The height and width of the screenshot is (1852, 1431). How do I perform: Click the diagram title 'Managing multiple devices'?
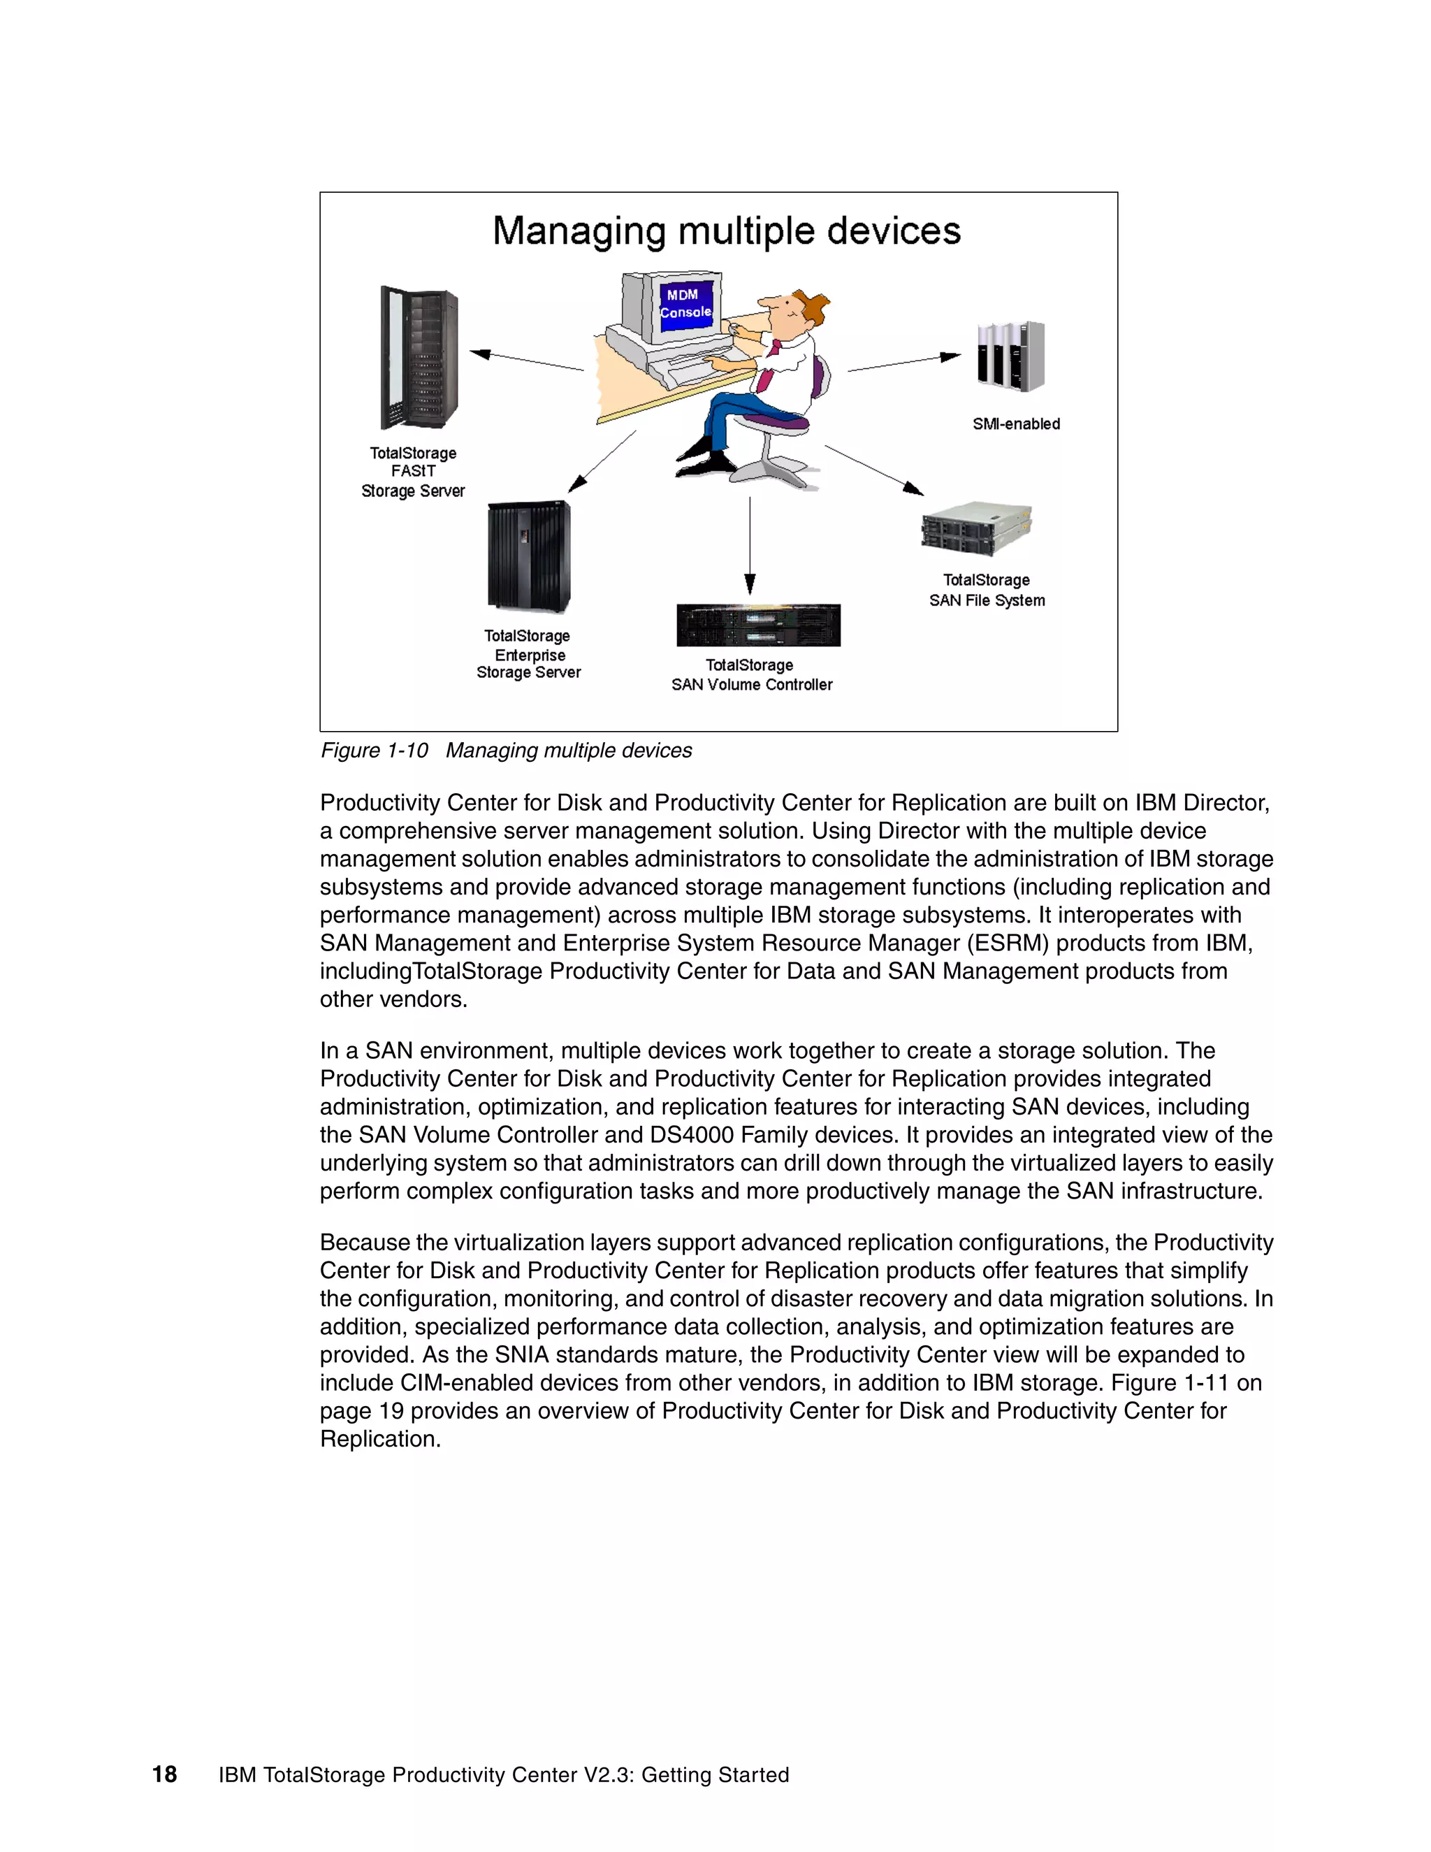727,231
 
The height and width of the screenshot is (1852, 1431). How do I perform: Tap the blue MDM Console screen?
686,303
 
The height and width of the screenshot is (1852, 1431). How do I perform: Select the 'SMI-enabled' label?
1015,424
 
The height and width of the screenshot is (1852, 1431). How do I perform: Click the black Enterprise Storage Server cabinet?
529,556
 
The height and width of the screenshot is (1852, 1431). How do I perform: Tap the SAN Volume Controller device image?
758,625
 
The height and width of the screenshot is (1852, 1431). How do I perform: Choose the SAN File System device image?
977,528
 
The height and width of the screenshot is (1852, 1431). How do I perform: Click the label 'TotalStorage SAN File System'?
987,591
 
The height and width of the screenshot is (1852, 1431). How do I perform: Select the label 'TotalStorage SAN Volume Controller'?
751,675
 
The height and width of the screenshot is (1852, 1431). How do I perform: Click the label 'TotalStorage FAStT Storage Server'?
413,472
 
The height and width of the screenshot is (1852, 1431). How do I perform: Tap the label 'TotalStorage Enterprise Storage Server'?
528,654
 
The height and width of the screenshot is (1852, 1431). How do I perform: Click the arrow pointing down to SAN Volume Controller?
750,547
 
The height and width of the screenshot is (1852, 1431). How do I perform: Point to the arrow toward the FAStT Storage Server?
525,361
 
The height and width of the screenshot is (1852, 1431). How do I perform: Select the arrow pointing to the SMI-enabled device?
903,363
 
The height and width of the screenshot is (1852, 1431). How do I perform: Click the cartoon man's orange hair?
815,306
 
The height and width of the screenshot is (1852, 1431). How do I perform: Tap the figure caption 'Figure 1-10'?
374,751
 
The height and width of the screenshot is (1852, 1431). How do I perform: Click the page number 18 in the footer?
164,1774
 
